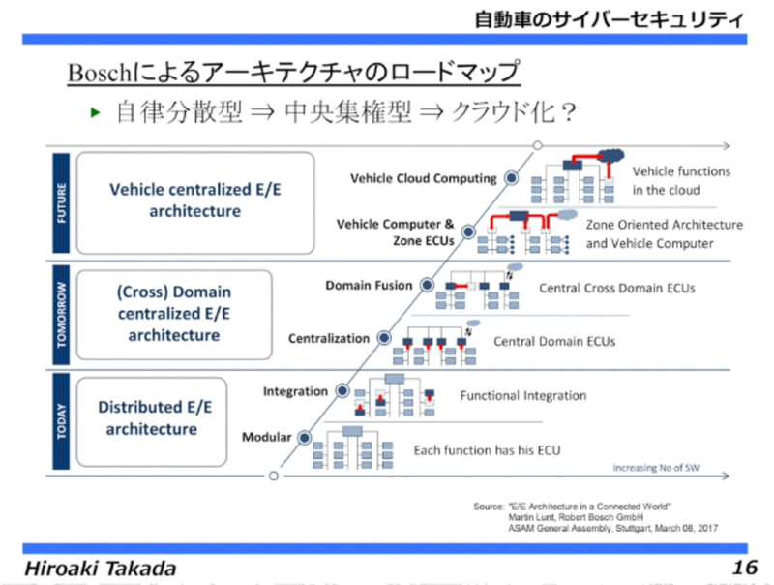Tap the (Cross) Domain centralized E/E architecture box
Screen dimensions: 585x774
point(173,312)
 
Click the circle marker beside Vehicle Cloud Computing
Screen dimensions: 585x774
point(511,178)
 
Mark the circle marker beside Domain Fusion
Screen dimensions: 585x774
point(427,287)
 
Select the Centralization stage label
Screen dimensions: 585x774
point(329,339)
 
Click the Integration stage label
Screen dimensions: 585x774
point(295,391)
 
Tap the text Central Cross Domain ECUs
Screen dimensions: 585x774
point(616,289)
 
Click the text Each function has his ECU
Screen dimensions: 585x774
point(487,450)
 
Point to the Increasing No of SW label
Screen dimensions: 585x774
point(655,468)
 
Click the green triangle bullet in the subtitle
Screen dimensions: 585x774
point(95,113)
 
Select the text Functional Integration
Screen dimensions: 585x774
point(522,395)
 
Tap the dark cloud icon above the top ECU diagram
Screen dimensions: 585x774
point(611,154)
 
